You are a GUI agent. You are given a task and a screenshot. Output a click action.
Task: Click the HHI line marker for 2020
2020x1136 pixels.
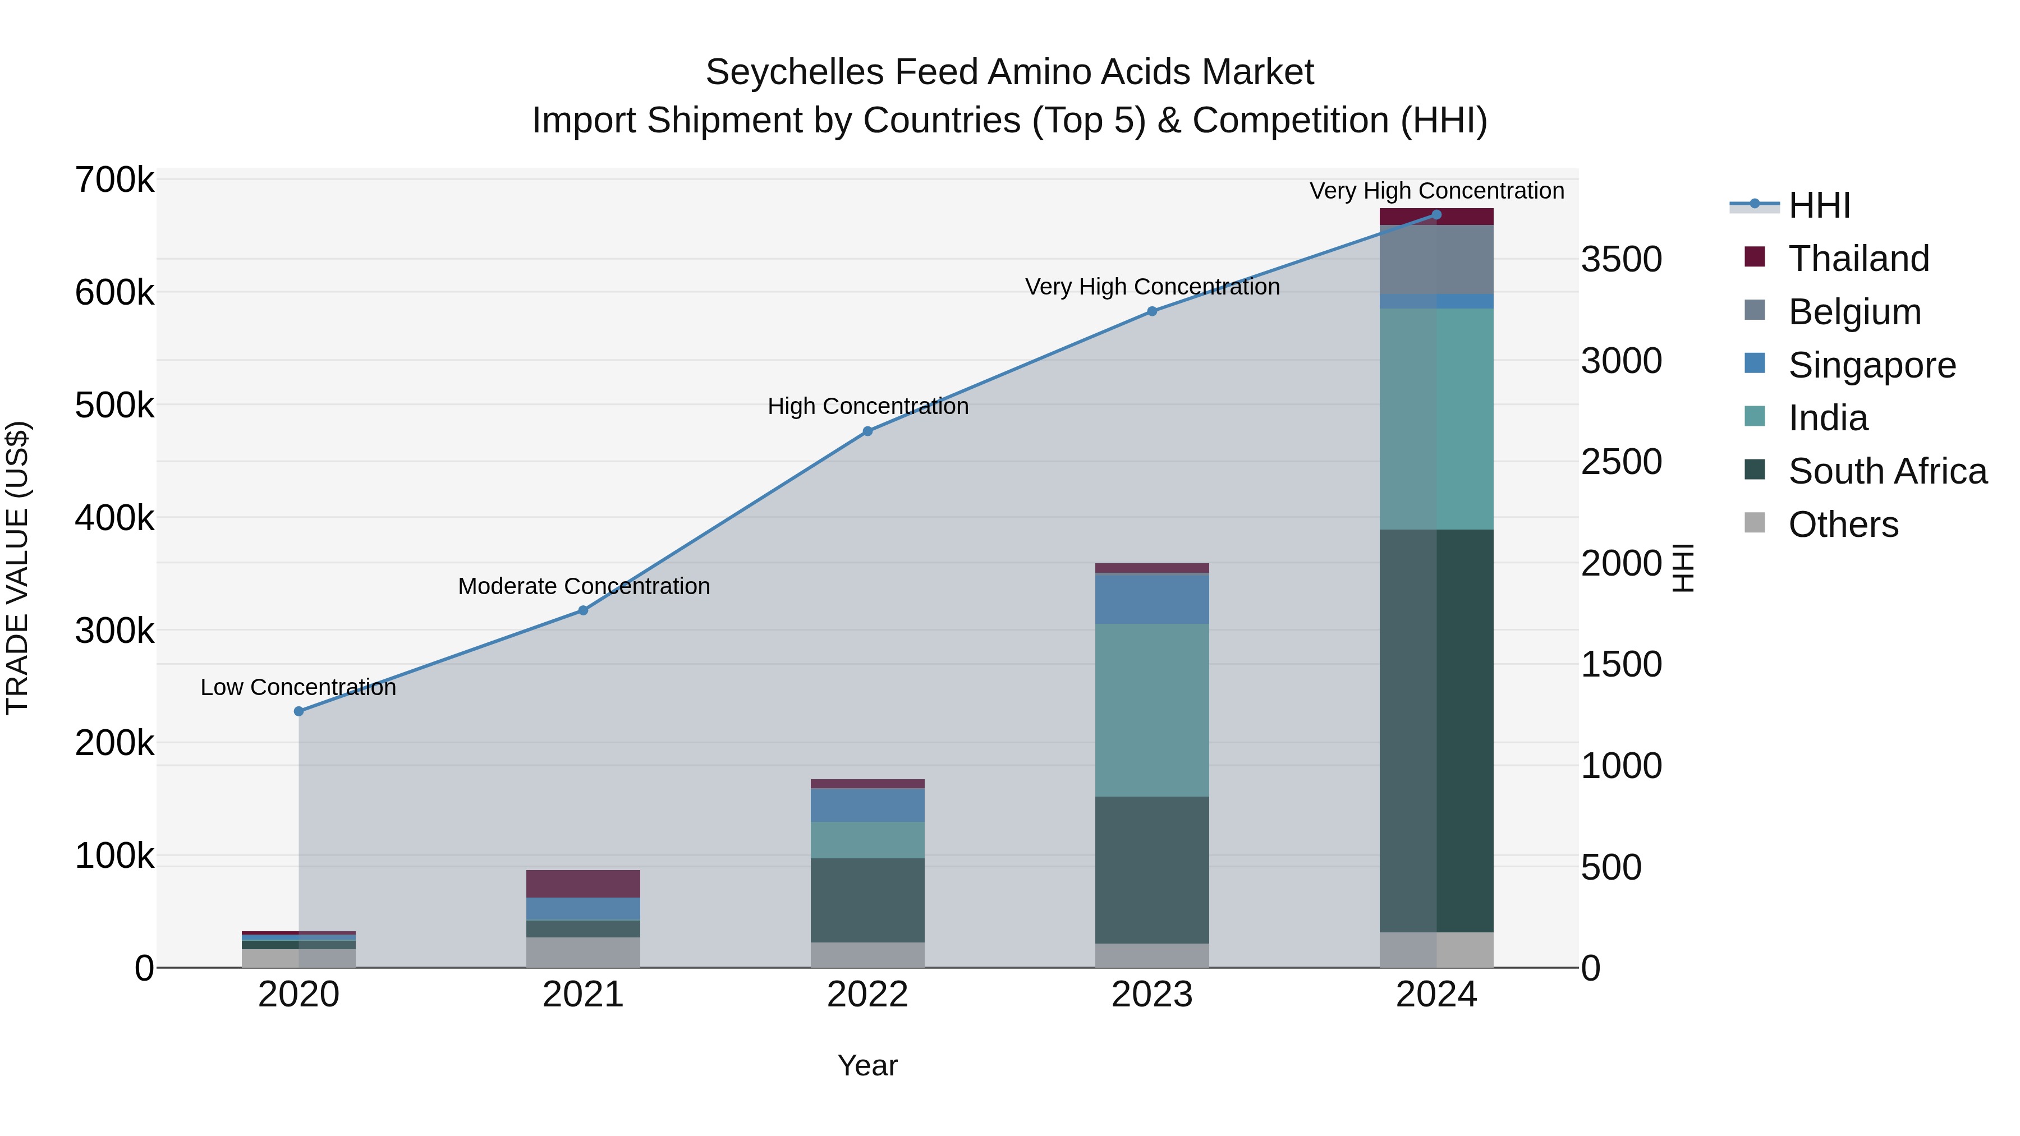pos(299,711)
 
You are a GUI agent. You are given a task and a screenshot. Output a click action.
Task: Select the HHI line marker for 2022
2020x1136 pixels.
pos(867,431)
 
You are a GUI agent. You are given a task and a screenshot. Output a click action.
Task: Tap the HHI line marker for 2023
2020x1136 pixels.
pos(1152,311)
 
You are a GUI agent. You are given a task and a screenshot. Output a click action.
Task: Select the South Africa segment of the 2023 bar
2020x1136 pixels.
pos(1152,870)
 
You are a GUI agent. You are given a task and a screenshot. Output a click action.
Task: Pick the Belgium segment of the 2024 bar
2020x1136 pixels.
pos(1436,260)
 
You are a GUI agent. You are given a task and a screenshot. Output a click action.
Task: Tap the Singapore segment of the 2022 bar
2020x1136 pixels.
pos(867,805)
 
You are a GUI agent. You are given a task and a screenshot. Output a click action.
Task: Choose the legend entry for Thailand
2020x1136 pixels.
pos(1858,259)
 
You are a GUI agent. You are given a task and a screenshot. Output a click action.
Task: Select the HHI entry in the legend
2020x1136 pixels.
pos(1819,205)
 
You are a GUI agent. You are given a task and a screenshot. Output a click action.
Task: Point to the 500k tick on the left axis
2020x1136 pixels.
pos(114,406)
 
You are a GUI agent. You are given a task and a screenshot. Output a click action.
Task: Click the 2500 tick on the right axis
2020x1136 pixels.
pos(1621,462)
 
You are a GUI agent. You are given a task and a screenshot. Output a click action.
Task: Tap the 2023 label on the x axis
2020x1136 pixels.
pos(1152,995)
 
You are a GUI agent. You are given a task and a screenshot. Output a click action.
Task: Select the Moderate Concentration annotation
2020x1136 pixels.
pos(584,586)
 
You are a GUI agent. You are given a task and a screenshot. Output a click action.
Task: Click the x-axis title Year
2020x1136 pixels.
pos(867,1065)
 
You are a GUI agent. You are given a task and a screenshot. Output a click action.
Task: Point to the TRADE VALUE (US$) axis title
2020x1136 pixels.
pos(17,568)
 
